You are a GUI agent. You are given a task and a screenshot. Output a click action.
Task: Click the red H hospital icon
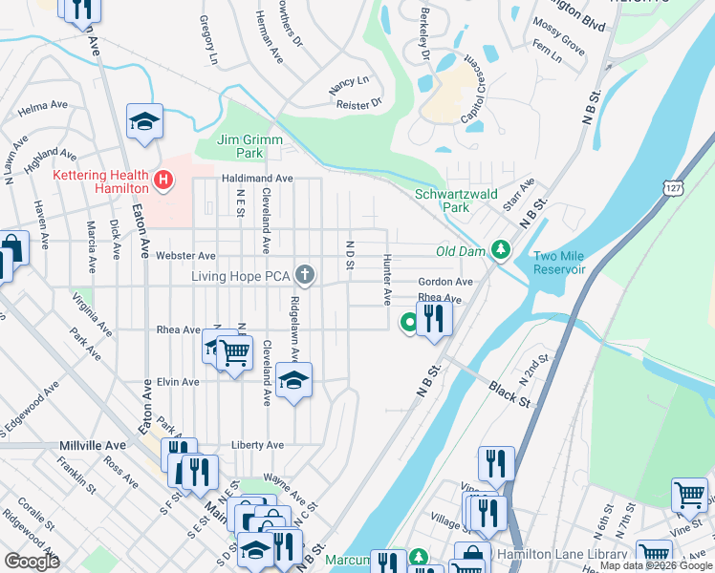pyautogui.click(x=163, y=179)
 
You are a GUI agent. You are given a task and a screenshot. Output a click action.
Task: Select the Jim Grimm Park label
pyautogui.click(x=250, y=146)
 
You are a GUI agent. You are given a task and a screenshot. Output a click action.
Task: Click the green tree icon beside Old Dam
pyautogui.click(x=499, y=250)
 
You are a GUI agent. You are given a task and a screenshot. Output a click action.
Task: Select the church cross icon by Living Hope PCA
pyautogui.click(x=305, y=276)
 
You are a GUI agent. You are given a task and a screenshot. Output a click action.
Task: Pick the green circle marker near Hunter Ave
pyautogui.click(x=409, y=323)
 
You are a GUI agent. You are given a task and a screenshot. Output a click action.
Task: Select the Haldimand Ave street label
pyautogui.click(x=258, y=179)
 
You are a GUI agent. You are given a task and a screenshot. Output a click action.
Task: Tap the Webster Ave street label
pyautogui.click(x=186, y=256)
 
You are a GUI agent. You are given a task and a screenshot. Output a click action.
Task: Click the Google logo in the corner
pyautogui.click(x=32, y=562)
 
